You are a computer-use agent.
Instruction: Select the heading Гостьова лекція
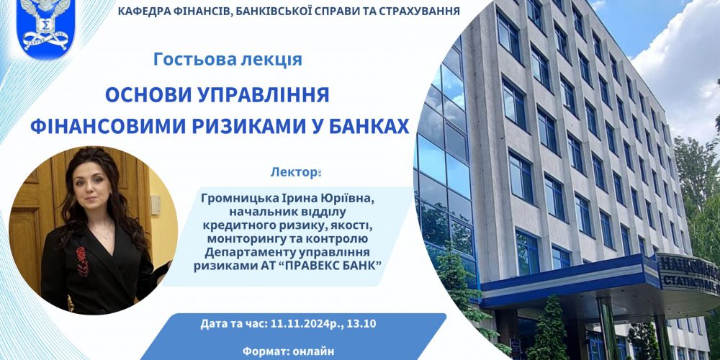228,59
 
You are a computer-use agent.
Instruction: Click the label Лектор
294,173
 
